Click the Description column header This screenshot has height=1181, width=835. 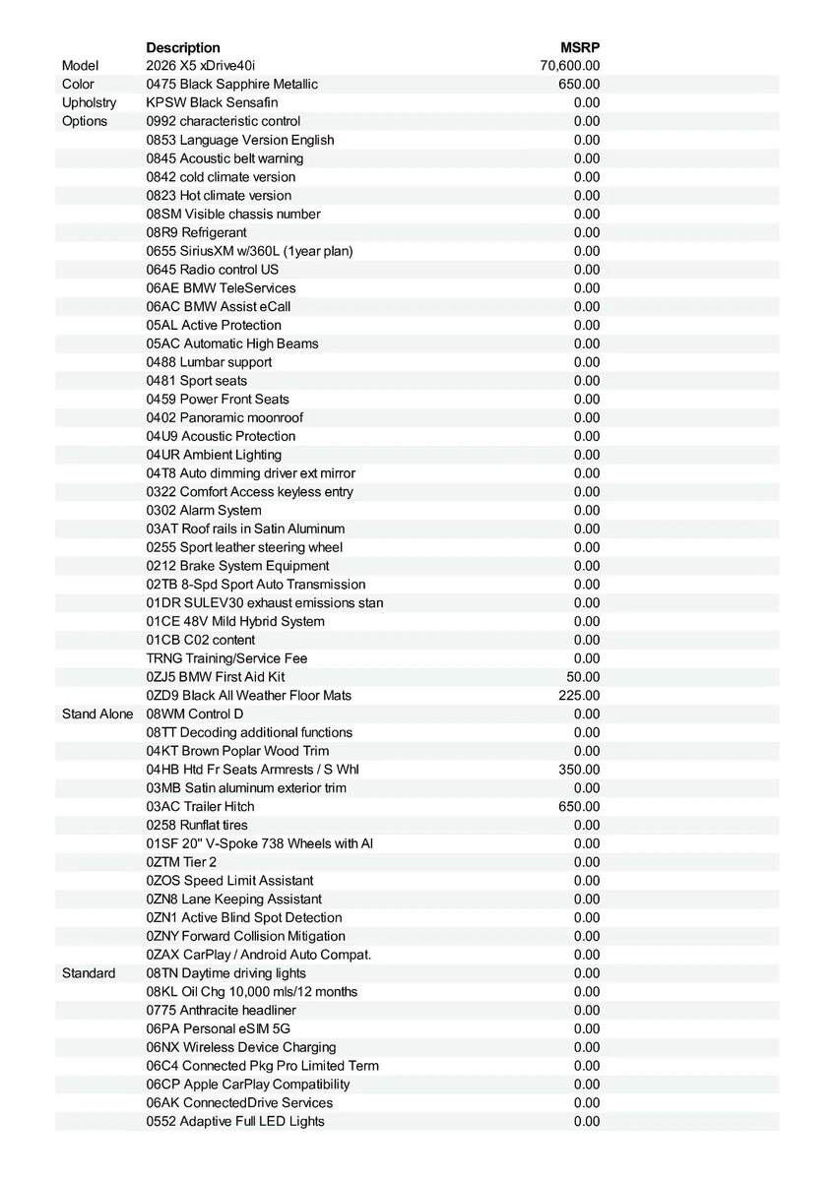point(183,47)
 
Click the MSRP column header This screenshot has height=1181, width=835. point(580,47)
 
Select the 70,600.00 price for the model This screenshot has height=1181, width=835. point(570,66)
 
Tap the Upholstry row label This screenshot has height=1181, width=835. point(89,102)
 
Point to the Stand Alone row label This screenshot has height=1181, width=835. point(96,714)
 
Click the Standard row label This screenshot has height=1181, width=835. point(89,973)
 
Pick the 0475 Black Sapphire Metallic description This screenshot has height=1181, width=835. point(231,85)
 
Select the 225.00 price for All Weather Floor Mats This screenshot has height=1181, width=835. point(579,696)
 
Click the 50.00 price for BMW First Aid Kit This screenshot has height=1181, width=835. point(583,677)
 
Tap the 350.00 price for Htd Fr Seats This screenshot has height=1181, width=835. point(579,770)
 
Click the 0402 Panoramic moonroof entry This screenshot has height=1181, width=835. point(225,417)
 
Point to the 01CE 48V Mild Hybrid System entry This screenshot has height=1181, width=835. point(235,621)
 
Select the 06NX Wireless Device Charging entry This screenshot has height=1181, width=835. point(241,1047)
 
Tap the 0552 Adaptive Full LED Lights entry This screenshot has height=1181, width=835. point(235,1121)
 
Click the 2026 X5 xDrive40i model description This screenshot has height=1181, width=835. point(200,66)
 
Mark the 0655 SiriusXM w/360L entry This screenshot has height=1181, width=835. point(249,251)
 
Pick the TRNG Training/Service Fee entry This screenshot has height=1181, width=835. point(226,658)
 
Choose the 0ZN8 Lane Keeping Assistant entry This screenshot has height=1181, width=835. point(233,900)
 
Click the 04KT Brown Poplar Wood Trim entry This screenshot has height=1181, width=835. point(237,751)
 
